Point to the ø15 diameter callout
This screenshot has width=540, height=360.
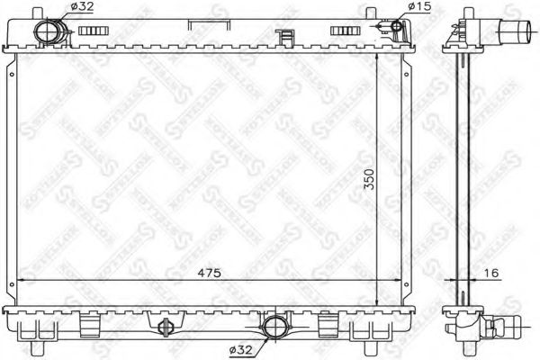(421, 6)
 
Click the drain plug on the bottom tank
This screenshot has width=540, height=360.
(164, 327)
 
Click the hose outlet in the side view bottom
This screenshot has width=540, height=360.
(505, 324)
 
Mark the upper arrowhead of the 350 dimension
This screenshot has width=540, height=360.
(374, 55)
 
